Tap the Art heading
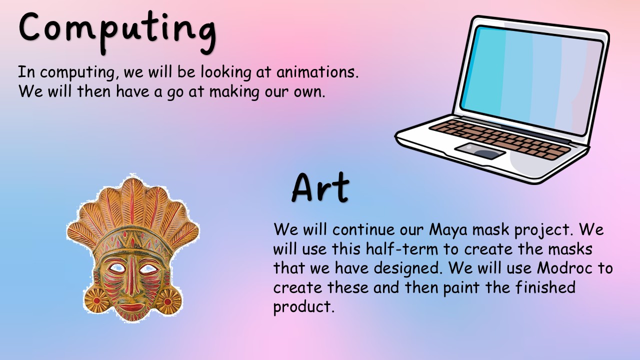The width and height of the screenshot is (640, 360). click(320, 187)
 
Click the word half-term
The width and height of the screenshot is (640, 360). click(402, 248)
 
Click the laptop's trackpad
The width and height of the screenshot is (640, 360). click(480, 151)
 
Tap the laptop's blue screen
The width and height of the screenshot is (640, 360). click(531, 80)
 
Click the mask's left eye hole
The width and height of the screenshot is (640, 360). click(116, 268)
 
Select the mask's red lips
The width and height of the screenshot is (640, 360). click(131, 307)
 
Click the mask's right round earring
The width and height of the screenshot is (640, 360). click(168, 301)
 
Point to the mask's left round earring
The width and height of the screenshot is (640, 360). click(97, 300)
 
